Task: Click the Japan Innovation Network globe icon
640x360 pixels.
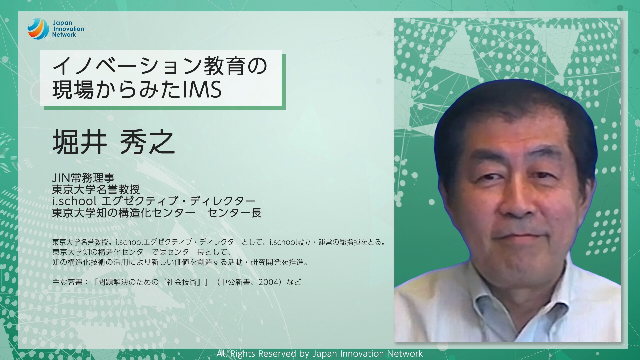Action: coord(38,29)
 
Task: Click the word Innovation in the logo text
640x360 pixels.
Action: coord(69,29)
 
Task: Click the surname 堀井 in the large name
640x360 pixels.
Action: coord(80,142)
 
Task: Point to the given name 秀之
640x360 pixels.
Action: coord(147,142)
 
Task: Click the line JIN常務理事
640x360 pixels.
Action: coord(83,178)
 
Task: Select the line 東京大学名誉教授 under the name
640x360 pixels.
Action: coord(96,190)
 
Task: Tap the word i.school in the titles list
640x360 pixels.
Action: coord(74,201)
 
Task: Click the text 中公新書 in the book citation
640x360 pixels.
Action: coord(235,282)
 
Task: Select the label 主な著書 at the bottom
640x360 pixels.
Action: coord(67,282)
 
